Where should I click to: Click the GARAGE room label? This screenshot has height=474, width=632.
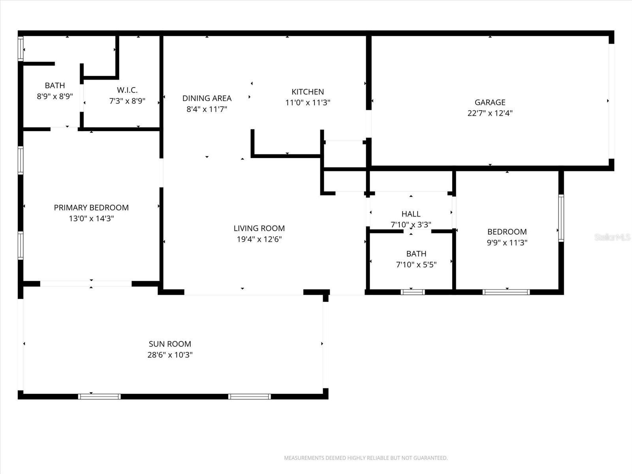[490, 102]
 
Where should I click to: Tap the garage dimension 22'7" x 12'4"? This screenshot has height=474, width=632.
[490, 113]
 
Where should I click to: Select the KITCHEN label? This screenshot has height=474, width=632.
[308, 92]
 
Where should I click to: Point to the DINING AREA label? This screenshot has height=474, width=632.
[207, 98]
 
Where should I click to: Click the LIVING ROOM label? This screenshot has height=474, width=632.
[259, 228]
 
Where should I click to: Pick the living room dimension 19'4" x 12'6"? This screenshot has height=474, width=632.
[259, 239]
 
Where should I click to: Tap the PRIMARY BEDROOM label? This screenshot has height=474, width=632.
[91, 207]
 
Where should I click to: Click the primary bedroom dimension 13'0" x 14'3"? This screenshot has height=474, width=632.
[91, 218]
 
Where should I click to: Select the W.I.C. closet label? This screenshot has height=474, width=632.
[127, 90]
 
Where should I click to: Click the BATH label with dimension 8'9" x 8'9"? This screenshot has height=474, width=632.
[55, 85]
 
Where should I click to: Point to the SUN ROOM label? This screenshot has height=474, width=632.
[170, 344]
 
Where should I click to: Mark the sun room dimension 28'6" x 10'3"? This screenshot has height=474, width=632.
[170, 355]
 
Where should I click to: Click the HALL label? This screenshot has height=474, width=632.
[411, 214]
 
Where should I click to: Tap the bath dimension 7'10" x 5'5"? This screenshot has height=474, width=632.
[416, 265]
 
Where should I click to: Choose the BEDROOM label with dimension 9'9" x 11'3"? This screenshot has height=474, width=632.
[507, 231]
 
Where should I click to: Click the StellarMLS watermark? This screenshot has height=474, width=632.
[612, 237]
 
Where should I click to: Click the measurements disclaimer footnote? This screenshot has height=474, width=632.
[366, 458]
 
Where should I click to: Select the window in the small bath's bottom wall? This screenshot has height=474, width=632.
[412, 292]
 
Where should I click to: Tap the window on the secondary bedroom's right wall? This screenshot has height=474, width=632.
[561, 218]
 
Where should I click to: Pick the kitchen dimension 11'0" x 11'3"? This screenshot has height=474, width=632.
[308, 103]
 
